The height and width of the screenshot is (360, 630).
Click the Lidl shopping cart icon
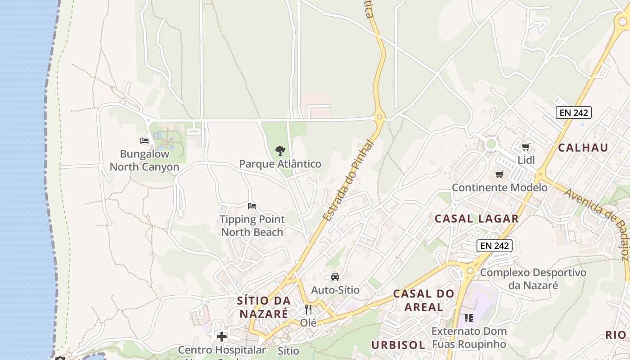[x=525, y=147]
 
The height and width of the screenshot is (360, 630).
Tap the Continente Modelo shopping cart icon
[x=499, y=174]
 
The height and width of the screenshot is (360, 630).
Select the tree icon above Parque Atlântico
[x=280, y=150]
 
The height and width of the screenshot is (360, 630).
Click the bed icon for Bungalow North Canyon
[x=144, y=141]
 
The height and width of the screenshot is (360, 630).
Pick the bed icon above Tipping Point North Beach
[x=252, y=206]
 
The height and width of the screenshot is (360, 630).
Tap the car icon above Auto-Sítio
[x=335, y=276]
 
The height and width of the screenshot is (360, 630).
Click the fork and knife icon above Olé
[x=308, y=310]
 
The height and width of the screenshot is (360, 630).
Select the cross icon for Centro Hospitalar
[x=221, y=336]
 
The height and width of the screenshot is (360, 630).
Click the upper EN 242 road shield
[x=573, y=112]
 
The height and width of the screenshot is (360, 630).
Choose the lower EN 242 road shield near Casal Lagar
[x=495, y=246]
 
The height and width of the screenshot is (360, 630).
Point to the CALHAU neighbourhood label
[x=583, y=148]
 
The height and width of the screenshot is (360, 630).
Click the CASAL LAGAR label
[x=477, y=219]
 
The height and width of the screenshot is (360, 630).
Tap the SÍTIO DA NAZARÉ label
[x=263, y=307]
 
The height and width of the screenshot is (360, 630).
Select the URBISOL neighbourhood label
[x=398, y=345]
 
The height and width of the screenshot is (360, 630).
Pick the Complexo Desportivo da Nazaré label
[x=533, y=279]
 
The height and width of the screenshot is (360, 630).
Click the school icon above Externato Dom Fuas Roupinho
[x=468, y=318]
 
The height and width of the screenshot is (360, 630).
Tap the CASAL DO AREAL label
[x=423, y=300]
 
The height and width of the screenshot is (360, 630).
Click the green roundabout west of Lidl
[x=491, y=144]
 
